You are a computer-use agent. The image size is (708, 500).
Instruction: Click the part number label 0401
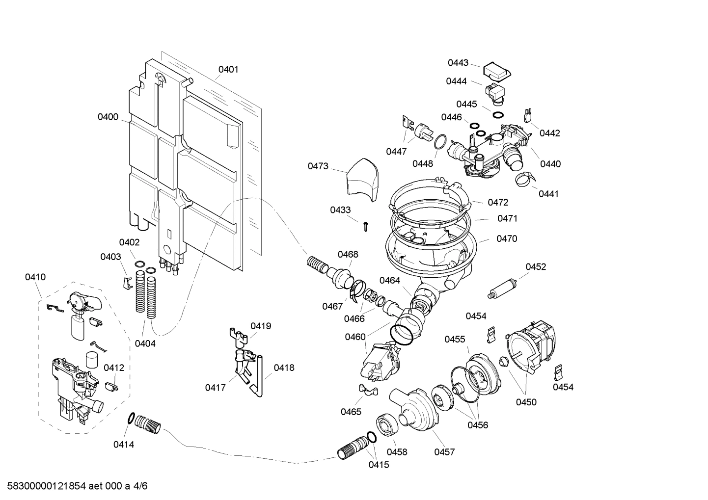(x=228, y=69)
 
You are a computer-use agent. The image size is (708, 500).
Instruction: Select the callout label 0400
(x=108, y=117)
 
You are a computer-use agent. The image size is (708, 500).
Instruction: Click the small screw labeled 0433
(x=365, y=226)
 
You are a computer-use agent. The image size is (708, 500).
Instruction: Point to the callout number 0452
(x=536, y=266)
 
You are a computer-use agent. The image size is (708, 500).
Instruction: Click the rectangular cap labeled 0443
(x=497, y=71)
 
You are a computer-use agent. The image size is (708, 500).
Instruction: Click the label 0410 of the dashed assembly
(x=35, y=277)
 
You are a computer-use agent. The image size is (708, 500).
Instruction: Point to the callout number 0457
(x=444, y=452)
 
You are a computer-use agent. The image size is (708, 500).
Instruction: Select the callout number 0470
(x=507, y=239)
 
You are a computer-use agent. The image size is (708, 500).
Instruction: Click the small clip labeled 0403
(x=126, y=282)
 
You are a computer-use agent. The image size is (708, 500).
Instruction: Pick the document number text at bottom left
(x=74, y=486)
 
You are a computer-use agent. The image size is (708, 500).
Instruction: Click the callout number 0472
(x=498, y=202)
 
